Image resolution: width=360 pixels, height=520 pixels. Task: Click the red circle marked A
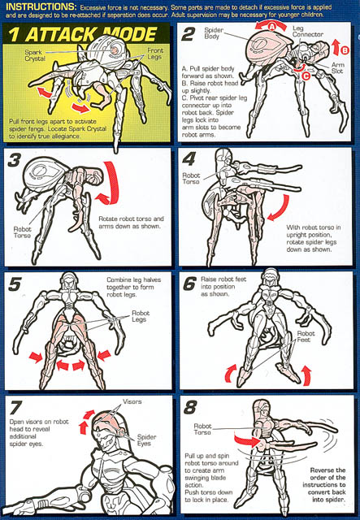[x=271, y=26]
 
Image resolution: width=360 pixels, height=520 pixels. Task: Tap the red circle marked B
[x=345, y=50]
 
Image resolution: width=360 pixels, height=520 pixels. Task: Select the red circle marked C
[x=306, y=76]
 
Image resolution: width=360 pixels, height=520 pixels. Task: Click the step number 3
[x=14, y=161]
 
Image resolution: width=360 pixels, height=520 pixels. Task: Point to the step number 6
[x=189, y=284]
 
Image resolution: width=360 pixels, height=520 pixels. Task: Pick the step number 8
[x=190, y=408]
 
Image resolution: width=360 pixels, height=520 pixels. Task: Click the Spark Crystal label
[x=35, y=55]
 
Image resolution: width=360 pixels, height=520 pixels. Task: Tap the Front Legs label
[x=155, y=54]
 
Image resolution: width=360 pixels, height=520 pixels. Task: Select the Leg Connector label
[x=307, y=31]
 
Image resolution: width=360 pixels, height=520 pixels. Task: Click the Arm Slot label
[x=338, y=67]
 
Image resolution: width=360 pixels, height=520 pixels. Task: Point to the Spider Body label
[x=214, y=33]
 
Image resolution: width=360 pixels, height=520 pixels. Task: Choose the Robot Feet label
[x=306, y=336]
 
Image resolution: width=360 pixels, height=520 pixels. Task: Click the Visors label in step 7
[x=132, y=401]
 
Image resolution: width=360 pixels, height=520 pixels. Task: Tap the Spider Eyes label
[x=146, y=440]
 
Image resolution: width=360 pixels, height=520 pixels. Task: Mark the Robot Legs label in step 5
[x=141, y=316]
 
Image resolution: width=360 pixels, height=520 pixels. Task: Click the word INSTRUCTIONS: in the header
[x=41, y=6]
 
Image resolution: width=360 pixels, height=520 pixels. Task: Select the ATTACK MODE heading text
[x=91, y=34]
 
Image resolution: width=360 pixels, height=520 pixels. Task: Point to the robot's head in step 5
[x=69, y=282]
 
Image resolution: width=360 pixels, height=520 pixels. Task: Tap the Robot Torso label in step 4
[x=191, y=179]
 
